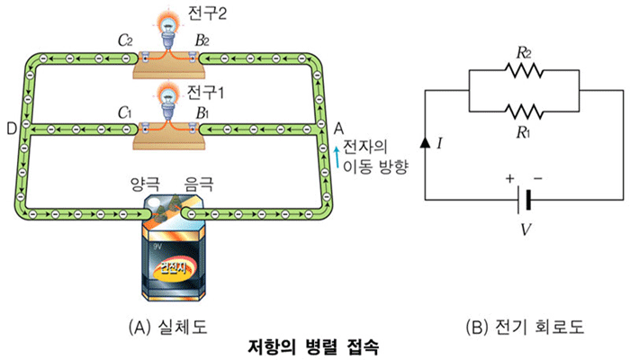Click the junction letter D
coord(10,130)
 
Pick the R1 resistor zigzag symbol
coord(526,112)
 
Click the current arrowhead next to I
coord(424,141)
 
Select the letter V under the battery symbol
coord(526,228)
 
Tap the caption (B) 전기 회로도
coord(526,327)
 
